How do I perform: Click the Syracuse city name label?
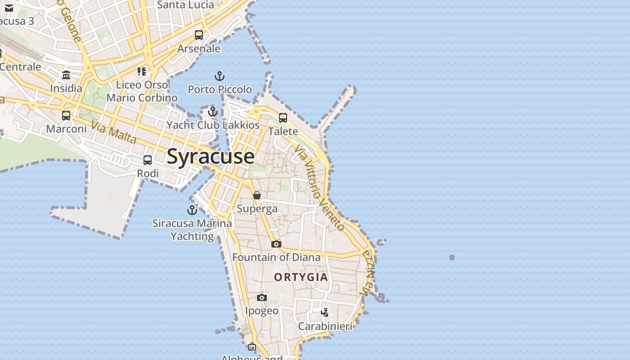point(211,157)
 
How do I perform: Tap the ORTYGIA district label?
point(301,277)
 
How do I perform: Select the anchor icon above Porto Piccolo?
point(220,76)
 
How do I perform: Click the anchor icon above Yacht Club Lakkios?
point(213,112)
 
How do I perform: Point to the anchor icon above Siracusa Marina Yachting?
point(192,210)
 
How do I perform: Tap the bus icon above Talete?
point(283,118)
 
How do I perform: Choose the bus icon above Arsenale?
point(199,35)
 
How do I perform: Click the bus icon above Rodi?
point(148,160)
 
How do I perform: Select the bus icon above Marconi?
point(66,116)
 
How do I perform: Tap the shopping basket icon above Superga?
point(257,195)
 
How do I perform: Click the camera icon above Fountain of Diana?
point(276,244)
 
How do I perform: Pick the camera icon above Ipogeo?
point(262,297)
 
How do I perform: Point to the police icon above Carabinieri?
point(325,312)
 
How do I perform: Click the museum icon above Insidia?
point(66,75)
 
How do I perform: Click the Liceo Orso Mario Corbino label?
point(142,91)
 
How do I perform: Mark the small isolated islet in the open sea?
point(452,257)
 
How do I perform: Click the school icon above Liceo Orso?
point(142,72)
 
